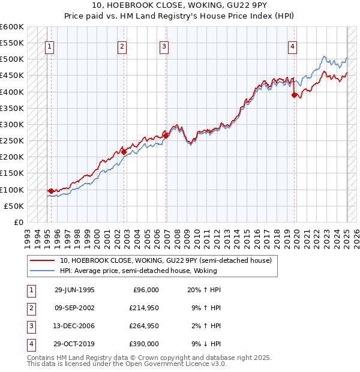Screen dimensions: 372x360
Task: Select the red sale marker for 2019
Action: coord(294,95)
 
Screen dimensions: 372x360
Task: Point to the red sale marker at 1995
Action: coord(51,191)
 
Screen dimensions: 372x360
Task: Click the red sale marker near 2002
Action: coord(124,152)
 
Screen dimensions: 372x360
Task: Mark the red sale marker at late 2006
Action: coord(166,136)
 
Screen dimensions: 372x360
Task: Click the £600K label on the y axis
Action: coord(12,27)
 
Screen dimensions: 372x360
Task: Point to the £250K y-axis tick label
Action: coord(12,140)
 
